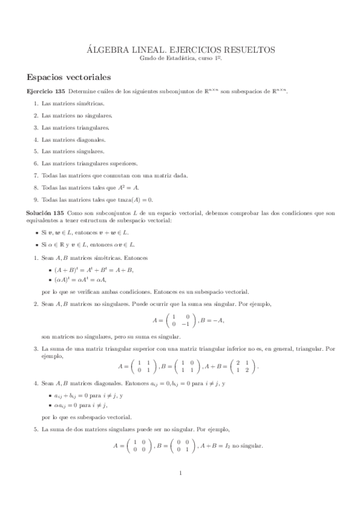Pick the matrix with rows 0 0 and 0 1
(x=180, y=446)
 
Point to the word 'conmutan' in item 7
(x=113, y=176)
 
